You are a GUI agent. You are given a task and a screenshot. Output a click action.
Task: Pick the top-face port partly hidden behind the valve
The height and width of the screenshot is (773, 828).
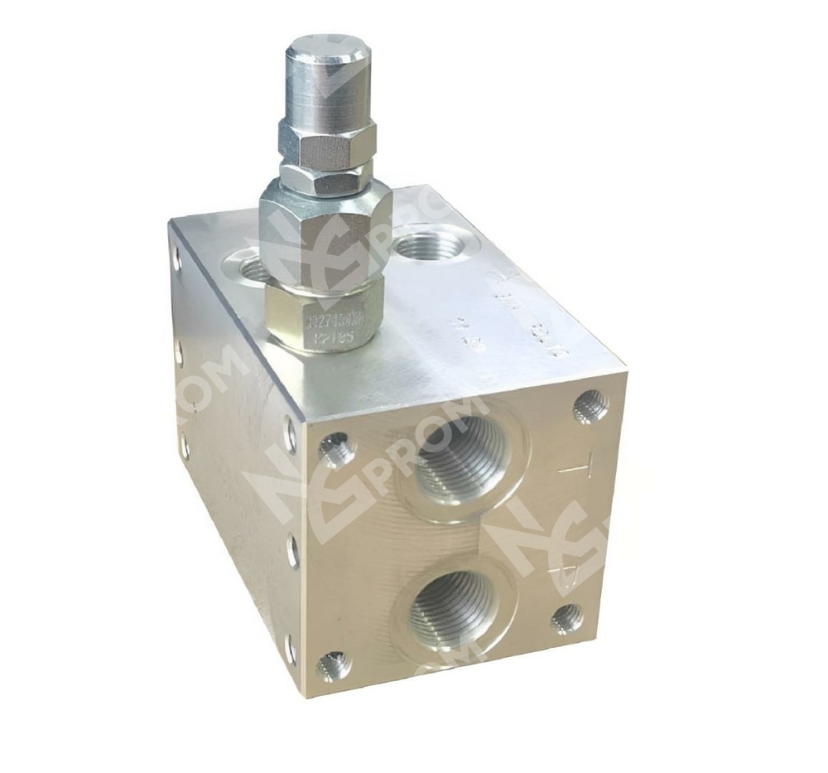248,269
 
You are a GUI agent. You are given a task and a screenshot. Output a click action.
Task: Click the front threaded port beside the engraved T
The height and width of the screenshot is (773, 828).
467,460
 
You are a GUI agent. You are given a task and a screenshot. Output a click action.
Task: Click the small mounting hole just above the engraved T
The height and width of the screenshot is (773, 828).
590,406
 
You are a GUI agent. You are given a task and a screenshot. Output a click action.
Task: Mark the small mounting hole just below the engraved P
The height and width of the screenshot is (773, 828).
567,617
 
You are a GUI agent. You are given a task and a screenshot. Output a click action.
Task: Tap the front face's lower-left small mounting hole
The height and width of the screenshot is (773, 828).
335,664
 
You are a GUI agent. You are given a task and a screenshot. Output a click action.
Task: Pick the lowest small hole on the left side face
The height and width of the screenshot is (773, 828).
290,649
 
